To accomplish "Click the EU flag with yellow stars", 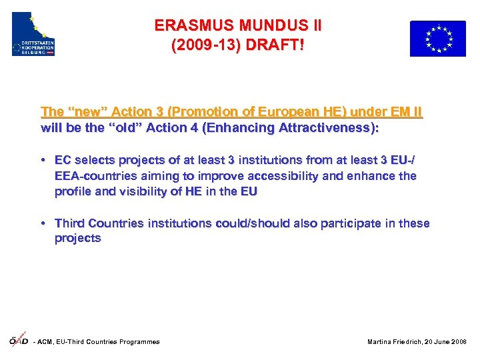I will tap(437, 39).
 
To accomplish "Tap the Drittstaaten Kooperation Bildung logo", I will tap(33, 34).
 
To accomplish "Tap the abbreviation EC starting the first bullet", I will tap(63, 160).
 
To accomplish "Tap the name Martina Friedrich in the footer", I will tap(392, 342).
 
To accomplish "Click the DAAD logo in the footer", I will tap(18, 340).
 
